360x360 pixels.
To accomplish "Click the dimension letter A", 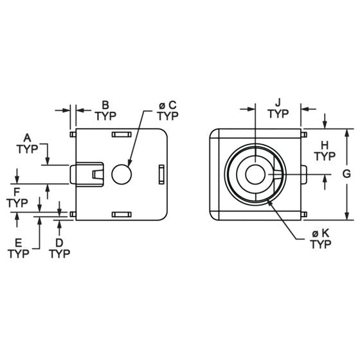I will point(27,137).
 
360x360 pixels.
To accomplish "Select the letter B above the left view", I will point(105,104).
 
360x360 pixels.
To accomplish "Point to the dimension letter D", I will point(59,242).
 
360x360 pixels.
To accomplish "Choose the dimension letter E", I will point(19,242).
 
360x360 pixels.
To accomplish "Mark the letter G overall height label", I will point(346,174).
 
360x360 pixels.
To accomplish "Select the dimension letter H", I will point(325,144).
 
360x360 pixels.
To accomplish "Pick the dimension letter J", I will point(278,102).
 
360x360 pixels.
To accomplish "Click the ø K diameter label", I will point(319,233).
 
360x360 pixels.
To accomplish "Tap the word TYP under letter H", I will point(325,156).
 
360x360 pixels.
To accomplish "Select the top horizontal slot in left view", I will point(122,134).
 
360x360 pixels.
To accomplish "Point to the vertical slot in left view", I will point(161,174).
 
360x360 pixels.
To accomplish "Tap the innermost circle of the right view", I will point(255,174).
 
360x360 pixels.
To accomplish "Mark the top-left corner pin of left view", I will point(72,134).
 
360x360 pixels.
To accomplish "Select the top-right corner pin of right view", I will point(303,134).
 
